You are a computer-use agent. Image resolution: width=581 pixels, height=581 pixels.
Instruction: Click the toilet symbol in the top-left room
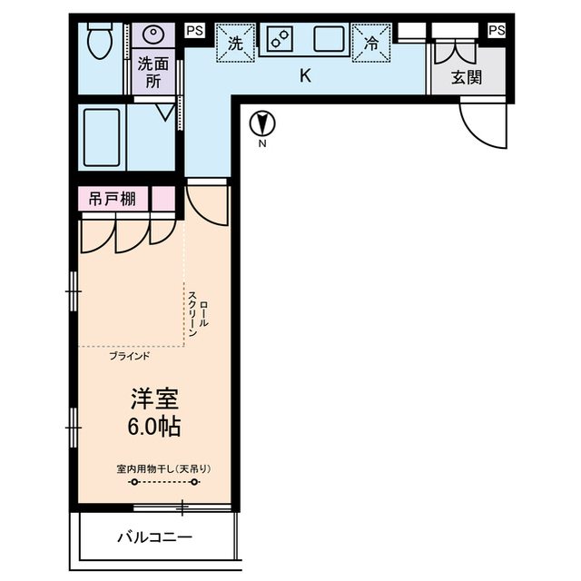click(x=98, y=40)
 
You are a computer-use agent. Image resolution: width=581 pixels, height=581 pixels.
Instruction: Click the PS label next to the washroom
click(x=194, y=31)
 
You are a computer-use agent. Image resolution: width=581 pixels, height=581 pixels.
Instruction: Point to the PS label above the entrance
click(x=496, y=31)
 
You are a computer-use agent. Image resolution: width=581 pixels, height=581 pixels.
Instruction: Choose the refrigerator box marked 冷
click(x=371, y=42)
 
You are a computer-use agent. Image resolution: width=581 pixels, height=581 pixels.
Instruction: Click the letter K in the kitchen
click(x=305, y=76)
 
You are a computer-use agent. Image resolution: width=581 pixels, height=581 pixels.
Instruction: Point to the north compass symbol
click(x=262, y=123)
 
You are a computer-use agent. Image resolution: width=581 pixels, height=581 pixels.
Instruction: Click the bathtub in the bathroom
click(x=100, y=139)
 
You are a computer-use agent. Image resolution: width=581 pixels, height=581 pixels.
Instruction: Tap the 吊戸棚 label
click(x=113, y=199)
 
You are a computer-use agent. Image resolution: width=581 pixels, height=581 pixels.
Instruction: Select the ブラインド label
click(x=130, y=356)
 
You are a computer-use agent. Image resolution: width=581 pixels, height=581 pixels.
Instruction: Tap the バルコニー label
click(x=154, y=537)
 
